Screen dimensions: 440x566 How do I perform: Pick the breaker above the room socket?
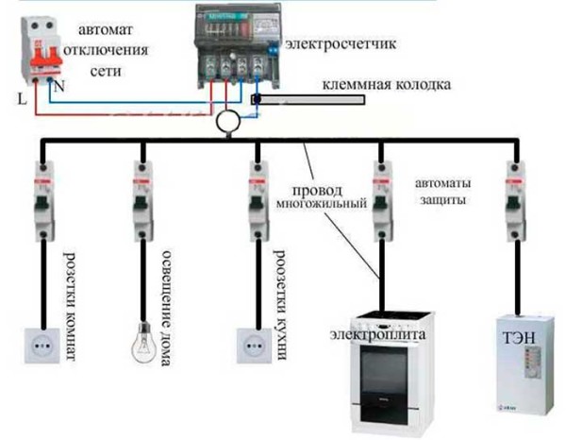(43, 200)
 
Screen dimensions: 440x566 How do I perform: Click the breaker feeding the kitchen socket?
(256, 200)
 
